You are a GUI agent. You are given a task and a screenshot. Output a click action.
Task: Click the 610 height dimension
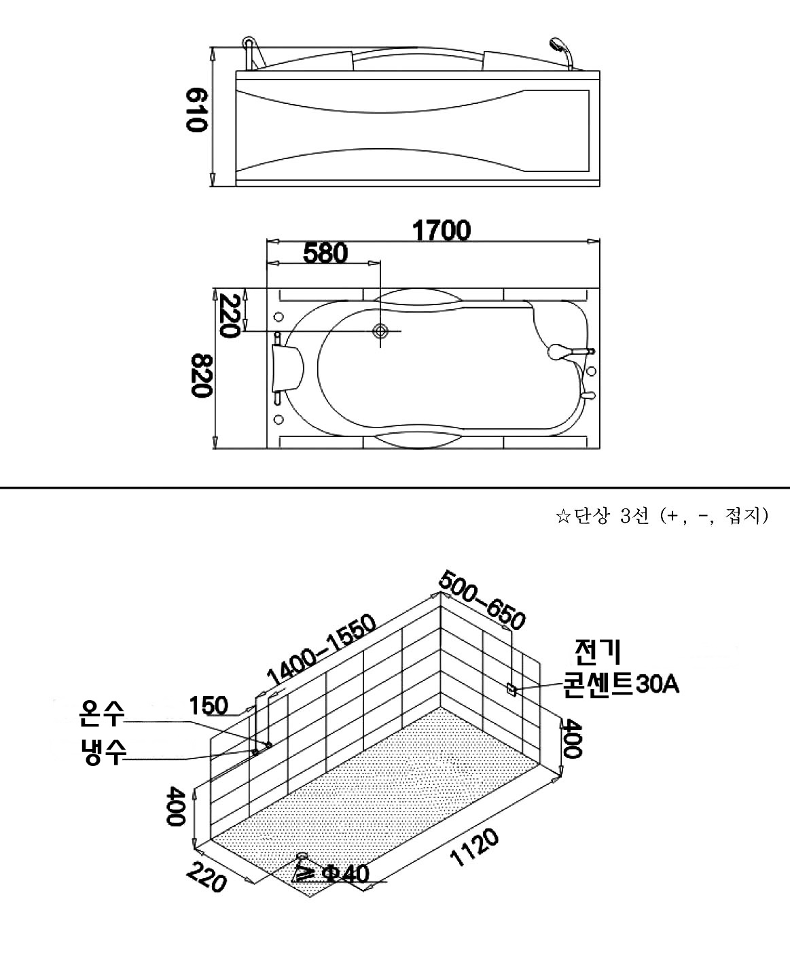(195, 109)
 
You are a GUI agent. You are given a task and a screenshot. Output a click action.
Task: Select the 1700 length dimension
(442, 230)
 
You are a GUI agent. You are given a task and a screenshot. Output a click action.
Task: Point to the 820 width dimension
(202, 375)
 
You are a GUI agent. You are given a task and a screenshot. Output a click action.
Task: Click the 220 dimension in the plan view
(229, 315)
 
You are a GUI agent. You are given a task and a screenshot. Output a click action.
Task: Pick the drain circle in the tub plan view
(380, 332)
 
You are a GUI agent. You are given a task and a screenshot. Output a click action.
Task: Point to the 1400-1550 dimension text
(321, 649)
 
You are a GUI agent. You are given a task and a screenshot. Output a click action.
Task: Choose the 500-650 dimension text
(482, 600)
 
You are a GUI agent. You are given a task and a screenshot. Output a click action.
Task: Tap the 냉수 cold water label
(101, 750)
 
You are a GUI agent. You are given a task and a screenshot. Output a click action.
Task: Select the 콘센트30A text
(621, 684)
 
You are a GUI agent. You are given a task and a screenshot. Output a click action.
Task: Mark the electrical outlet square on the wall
(511, 689)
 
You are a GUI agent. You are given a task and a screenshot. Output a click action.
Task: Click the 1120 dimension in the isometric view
(475, 848)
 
